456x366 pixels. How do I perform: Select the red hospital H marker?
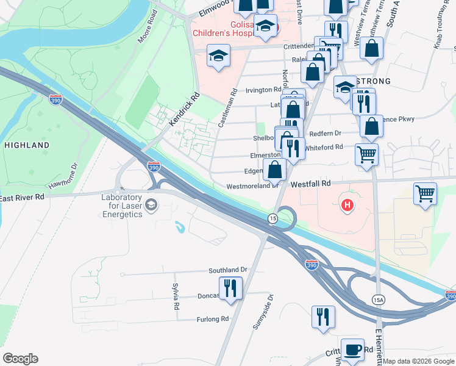[347, 206]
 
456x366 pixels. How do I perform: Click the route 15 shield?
[273, 218]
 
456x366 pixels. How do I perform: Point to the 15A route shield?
[379, 299]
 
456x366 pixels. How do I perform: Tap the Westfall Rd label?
[310, 183]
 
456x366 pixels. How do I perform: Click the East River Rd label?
[22, 197]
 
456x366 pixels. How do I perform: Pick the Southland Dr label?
[228, 270]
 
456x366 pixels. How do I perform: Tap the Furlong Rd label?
[212, 319]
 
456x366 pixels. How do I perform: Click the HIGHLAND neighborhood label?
[27, 145]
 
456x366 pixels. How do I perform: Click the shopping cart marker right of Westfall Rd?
[425, 194]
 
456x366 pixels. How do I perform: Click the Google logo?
[20, 359]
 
